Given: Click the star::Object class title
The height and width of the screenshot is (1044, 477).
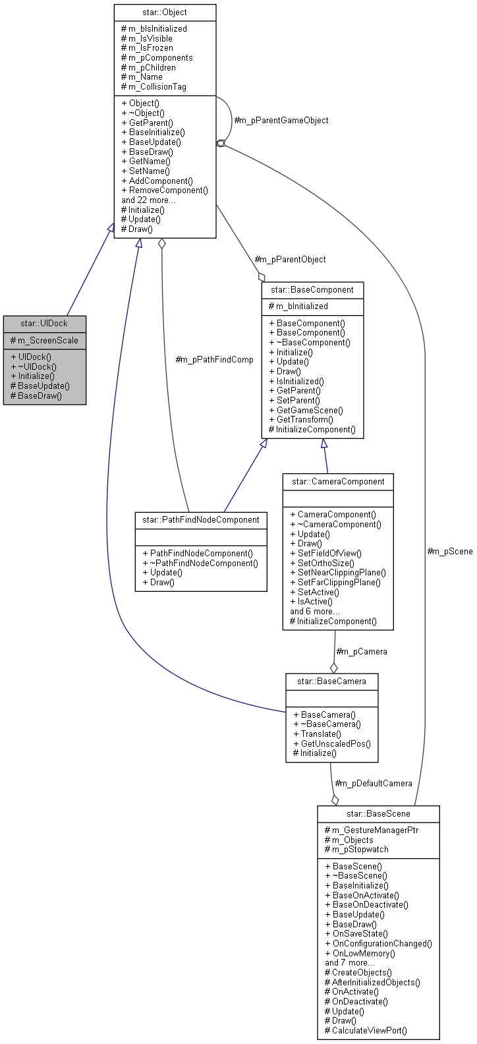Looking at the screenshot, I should [x=165, y=12].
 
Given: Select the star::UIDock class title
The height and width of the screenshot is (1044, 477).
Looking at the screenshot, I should [x=44, y=323].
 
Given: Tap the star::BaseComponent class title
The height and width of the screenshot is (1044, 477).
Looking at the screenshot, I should [x=312, y=289].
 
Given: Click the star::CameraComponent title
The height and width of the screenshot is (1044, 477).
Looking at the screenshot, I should [x=338, y=481].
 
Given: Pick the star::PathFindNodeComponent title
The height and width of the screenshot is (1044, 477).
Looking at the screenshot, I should [x=201, y=519].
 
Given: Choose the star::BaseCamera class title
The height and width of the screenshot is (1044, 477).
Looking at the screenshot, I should [x=331, y=681].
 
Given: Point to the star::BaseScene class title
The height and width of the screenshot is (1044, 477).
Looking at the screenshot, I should [x=378, y=813].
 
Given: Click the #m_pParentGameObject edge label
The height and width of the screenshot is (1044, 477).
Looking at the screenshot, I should [x=281, y=120].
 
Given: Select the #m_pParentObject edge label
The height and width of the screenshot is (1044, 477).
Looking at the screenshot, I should [x=290, y=259].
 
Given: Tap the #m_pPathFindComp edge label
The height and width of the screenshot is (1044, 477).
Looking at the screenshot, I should [x=214, y=359].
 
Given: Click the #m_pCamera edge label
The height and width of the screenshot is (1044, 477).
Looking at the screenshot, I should [x=362, y=651].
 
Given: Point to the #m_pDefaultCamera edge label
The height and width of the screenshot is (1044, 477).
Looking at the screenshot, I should [x=374, y=783].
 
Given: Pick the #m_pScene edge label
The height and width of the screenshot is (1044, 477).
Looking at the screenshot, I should [x=450, y=551].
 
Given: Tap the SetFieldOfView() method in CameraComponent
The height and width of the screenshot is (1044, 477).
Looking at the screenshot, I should [x=329, y=554].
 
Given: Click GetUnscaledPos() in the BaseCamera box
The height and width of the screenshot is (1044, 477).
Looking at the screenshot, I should [x=335, y=743].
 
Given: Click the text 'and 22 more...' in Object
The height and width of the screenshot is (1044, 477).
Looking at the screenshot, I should [x=148, y=200].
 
